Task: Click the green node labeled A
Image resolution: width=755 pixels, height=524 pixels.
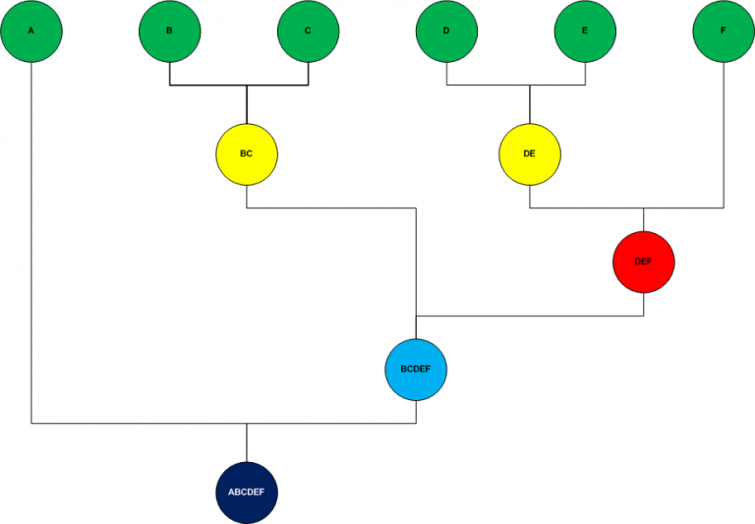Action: (x=31, y=30)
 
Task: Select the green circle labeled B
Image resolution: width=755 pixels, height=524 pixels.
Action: (x=169, y=30)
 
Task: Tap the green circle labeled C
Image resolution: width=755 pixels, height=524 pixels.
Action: (x=308, y=30)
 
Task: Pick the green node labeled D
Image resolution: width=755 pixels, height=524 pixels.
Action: (x=446, y=30)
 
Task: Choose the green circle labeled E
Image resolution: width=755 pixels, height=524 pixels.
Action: (x=585, y=30)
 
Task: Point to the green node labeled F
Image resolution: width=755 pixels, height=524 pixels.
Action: (x=724, y=30)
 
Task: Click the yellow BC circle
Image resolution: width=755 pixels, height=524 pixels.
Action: (x=246, y=154)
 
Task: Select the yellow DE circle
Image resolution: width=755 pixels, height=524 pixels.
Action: (x=530, y=154)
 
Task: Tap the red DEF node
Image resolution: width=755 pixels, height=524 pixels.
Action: (x=643, y=262)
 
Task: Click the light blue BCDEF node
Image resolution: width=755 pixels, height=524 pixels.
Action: (x=417, y=369)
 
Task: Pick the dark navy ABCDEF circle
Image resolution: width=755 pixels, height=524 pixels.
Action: (x=246, y=492)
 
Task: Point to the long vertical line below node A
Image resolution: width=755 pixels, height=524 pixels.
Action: (x=31, y=246)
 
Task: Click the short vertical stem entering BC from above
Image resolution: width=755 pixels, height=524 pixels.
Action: (x=246, y=104)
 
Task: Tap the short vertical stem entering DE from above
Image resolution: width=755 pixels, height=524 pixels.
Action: (x=530, y=104)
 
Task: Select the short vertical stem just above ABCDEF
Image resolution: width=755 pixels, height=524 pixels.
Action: (x=246, y=442)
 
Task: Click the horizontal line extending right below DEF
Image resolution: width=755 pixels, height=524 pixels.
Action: (x=531, y=317)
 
